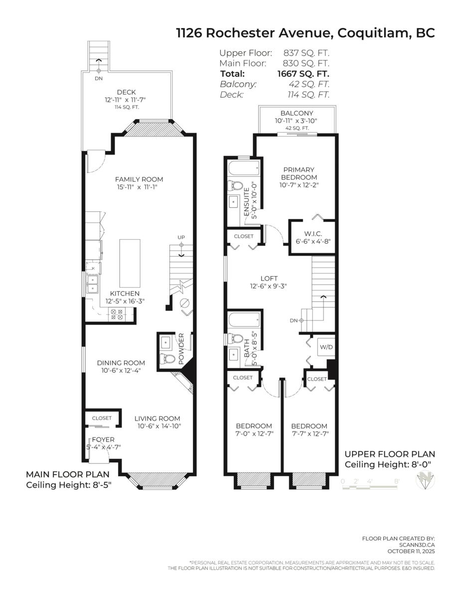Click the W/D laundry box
[x=326, y=347]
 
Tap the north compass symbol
[x=425, y=480]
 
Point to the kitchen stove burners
[x=117, y=314]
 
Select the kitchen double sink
[x=93, y=284]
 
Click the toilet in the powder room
[x=167, y=359]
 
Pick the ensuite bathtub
[x=244, y=167]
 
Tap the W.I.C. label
[x=313, y=234]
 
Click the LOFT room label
[x=269, y=278]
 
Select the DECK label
[x=126, y=92]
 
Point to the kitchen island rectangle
[x=130, y=263]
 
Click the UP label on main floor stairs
[x=181, y=237]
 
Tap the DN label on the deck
[x=99, y=78]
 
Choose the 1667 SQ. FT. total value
[x=303, y=74]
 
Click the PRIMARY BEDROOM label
[x=299, y=173]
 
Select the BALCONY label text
[x=297, y=113]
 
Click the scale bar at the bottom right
[x=370, y=487]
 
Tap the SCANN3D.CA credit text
[x=417, y=545]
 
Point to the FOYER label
[x=103, y=440]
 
